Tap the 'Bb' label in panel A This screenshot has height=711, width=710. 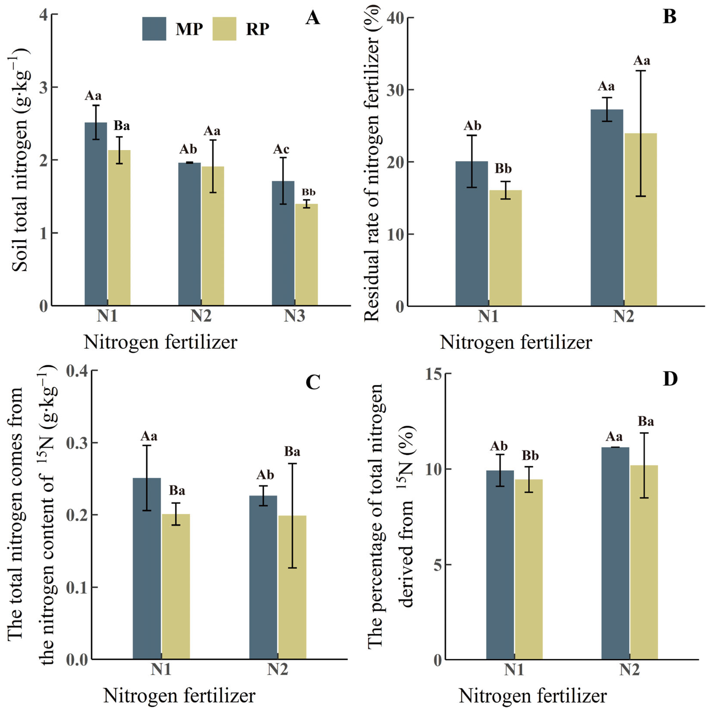click(308, 192)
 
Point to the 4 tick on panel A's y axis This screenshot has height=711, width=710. click(44, 14)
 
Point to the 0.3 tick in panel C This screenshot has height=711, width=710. click(77, 443)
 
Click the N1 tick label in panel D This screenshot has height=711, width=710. click(514, 670)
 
